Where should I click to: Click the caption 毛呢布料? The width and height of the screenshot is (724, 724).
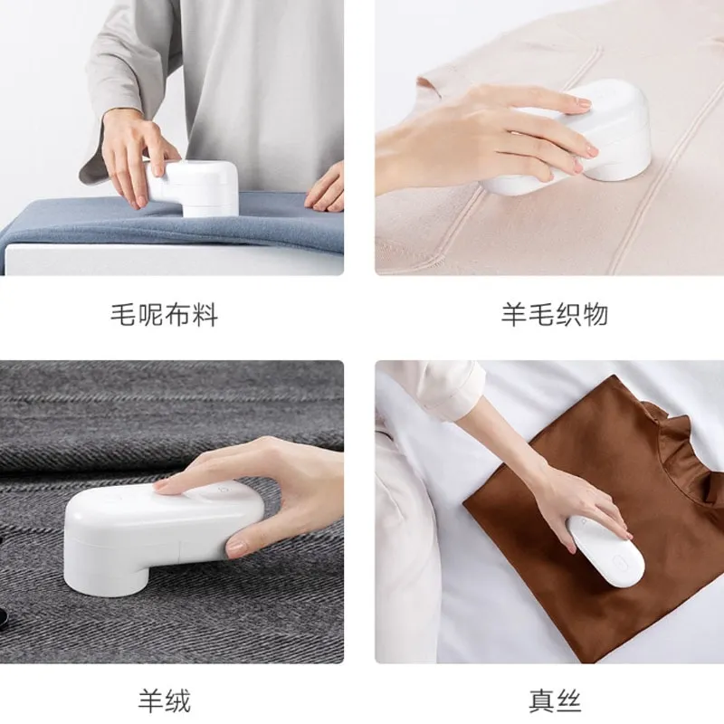[164, 314]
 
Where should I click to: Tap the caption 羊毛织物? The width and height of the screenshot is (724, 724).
[555, 314]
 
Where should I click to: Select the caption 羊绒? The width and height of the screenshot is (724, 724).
[165, 700]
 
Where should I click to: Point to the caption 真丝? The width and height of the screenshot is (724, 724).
[555, 700]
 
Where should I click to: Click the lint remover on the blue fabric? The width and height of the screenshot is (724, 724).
[194, 188]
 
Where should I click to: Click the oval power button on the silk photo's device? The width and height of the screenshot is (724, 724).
[619, 562]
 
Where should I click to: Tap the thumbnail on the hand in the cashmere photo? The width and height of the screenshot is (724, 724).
[236, 548]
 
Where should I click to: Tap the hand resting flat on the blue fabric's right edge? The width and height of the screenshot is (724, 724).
[325, 188]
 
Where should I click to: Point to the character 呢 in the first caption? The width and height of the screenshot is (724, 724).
[150, 314]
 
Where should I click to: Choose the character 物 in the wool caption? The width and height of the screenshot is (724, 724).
[595, 314]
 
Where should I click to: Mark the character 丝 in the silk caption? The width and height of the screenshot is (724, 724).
[568, 700]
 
